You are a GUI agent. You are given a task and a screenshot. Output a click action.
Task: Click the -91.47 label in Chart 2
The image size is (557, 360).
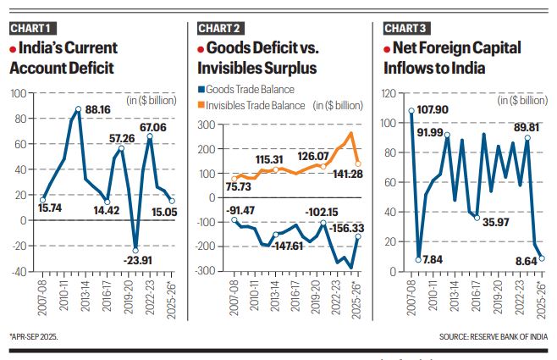[229, 209]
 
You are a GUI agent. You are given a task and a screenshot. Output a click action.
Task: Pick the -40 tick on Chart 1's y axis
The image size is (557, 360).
[18, 272]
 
